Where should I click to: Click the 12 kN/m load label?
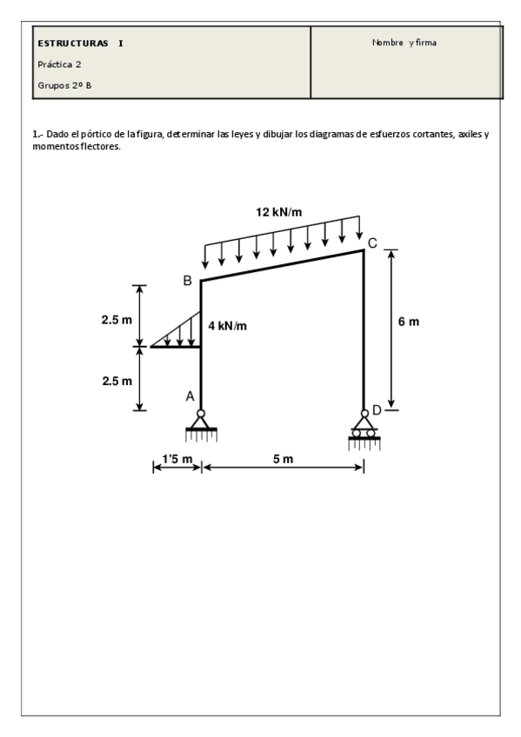[x=278, y=211]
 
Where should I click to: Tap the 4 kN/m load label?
[x=228, y=326]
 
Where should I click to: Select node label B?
[x=187, y=281]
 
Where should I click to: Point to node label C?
[x=372, y=242]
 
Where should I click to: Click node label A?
[x=190, y=396]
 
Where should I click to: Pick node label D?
[x=377, y=409]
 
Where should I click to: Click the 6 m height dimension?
[x=408, y=322]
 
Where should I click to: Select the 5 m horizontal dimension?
[x=283, y=459]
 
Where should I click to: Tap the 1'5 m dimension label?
[x=177, y=459]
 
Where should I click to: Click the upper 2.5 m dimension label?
[x=116, y=320]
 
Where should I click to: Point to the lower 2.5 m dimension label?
[x=116, y=381]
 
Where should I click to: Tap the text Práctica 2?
[x=60, y=63]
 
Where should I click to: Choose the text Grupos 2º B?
[x=65, y=85]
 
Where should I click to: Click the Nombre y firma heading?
[x=404, y=42]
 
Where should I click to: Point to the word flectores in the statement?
[x=98, y=146]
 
